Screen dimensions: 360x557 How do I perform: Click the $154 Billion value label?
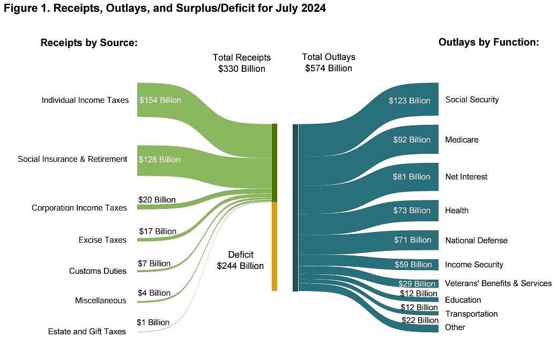160,100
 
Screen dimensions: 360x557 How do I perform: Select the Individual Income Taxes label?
85,100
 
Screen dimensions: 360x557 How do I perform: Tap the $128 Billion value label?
159,160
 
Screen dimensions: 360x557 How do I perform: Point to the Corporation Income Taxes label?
79,208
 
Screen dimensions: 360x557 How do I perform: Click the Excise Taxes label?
102,240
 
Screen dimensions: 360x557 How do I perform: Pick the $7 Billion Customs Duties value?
154,264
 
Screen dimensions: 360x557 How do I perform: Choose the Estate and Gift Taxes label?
87,332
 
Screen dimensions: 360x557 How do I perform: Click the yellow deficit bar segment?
274,246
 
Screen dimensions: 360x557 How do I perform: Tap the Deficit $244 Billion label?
241,260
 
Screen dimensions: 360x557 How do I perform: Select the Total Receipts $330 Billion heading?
242,63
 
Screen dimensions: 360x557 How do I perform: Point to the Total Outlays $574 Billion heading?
329,63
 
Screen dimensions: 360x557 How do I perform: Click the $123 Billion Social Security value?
410,101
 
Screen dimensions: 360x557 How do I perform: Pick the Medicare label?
462,140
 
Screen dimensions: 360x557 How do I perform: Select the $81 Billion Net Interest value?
412,177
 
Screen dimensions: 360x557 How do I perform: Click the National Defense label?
476,241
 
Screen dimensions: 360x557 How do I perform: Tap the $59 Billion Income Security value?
413,265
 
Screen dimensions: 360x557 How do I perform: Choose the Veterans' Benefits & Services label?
498,283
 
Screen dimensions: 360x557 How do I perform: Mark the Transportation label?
471,314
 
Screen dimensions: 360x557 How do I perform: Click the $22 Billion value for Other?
420,320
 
